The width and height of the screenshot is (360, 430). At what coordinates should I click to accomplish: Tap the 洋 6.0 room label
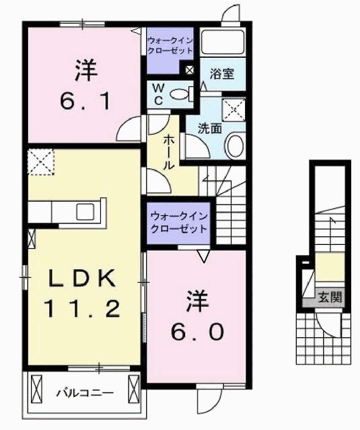196,316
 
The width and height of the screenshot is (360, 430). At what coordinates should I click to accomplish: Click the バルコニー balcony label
84,392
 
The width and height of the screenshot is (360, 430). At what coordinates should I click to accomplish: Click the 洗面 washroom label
209,128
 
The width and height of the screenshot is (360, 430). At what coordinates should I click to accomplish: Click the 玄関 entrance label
329,296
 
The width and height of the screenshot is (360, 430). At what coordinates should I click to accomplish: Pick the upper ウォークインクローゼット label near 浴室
170,44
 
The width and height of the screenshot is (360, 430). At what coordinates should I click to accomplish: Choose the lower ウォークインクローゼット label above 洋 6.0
178,222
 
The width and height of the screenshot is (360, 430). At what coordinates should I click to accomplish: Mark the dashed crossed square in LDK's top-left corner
40,162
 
